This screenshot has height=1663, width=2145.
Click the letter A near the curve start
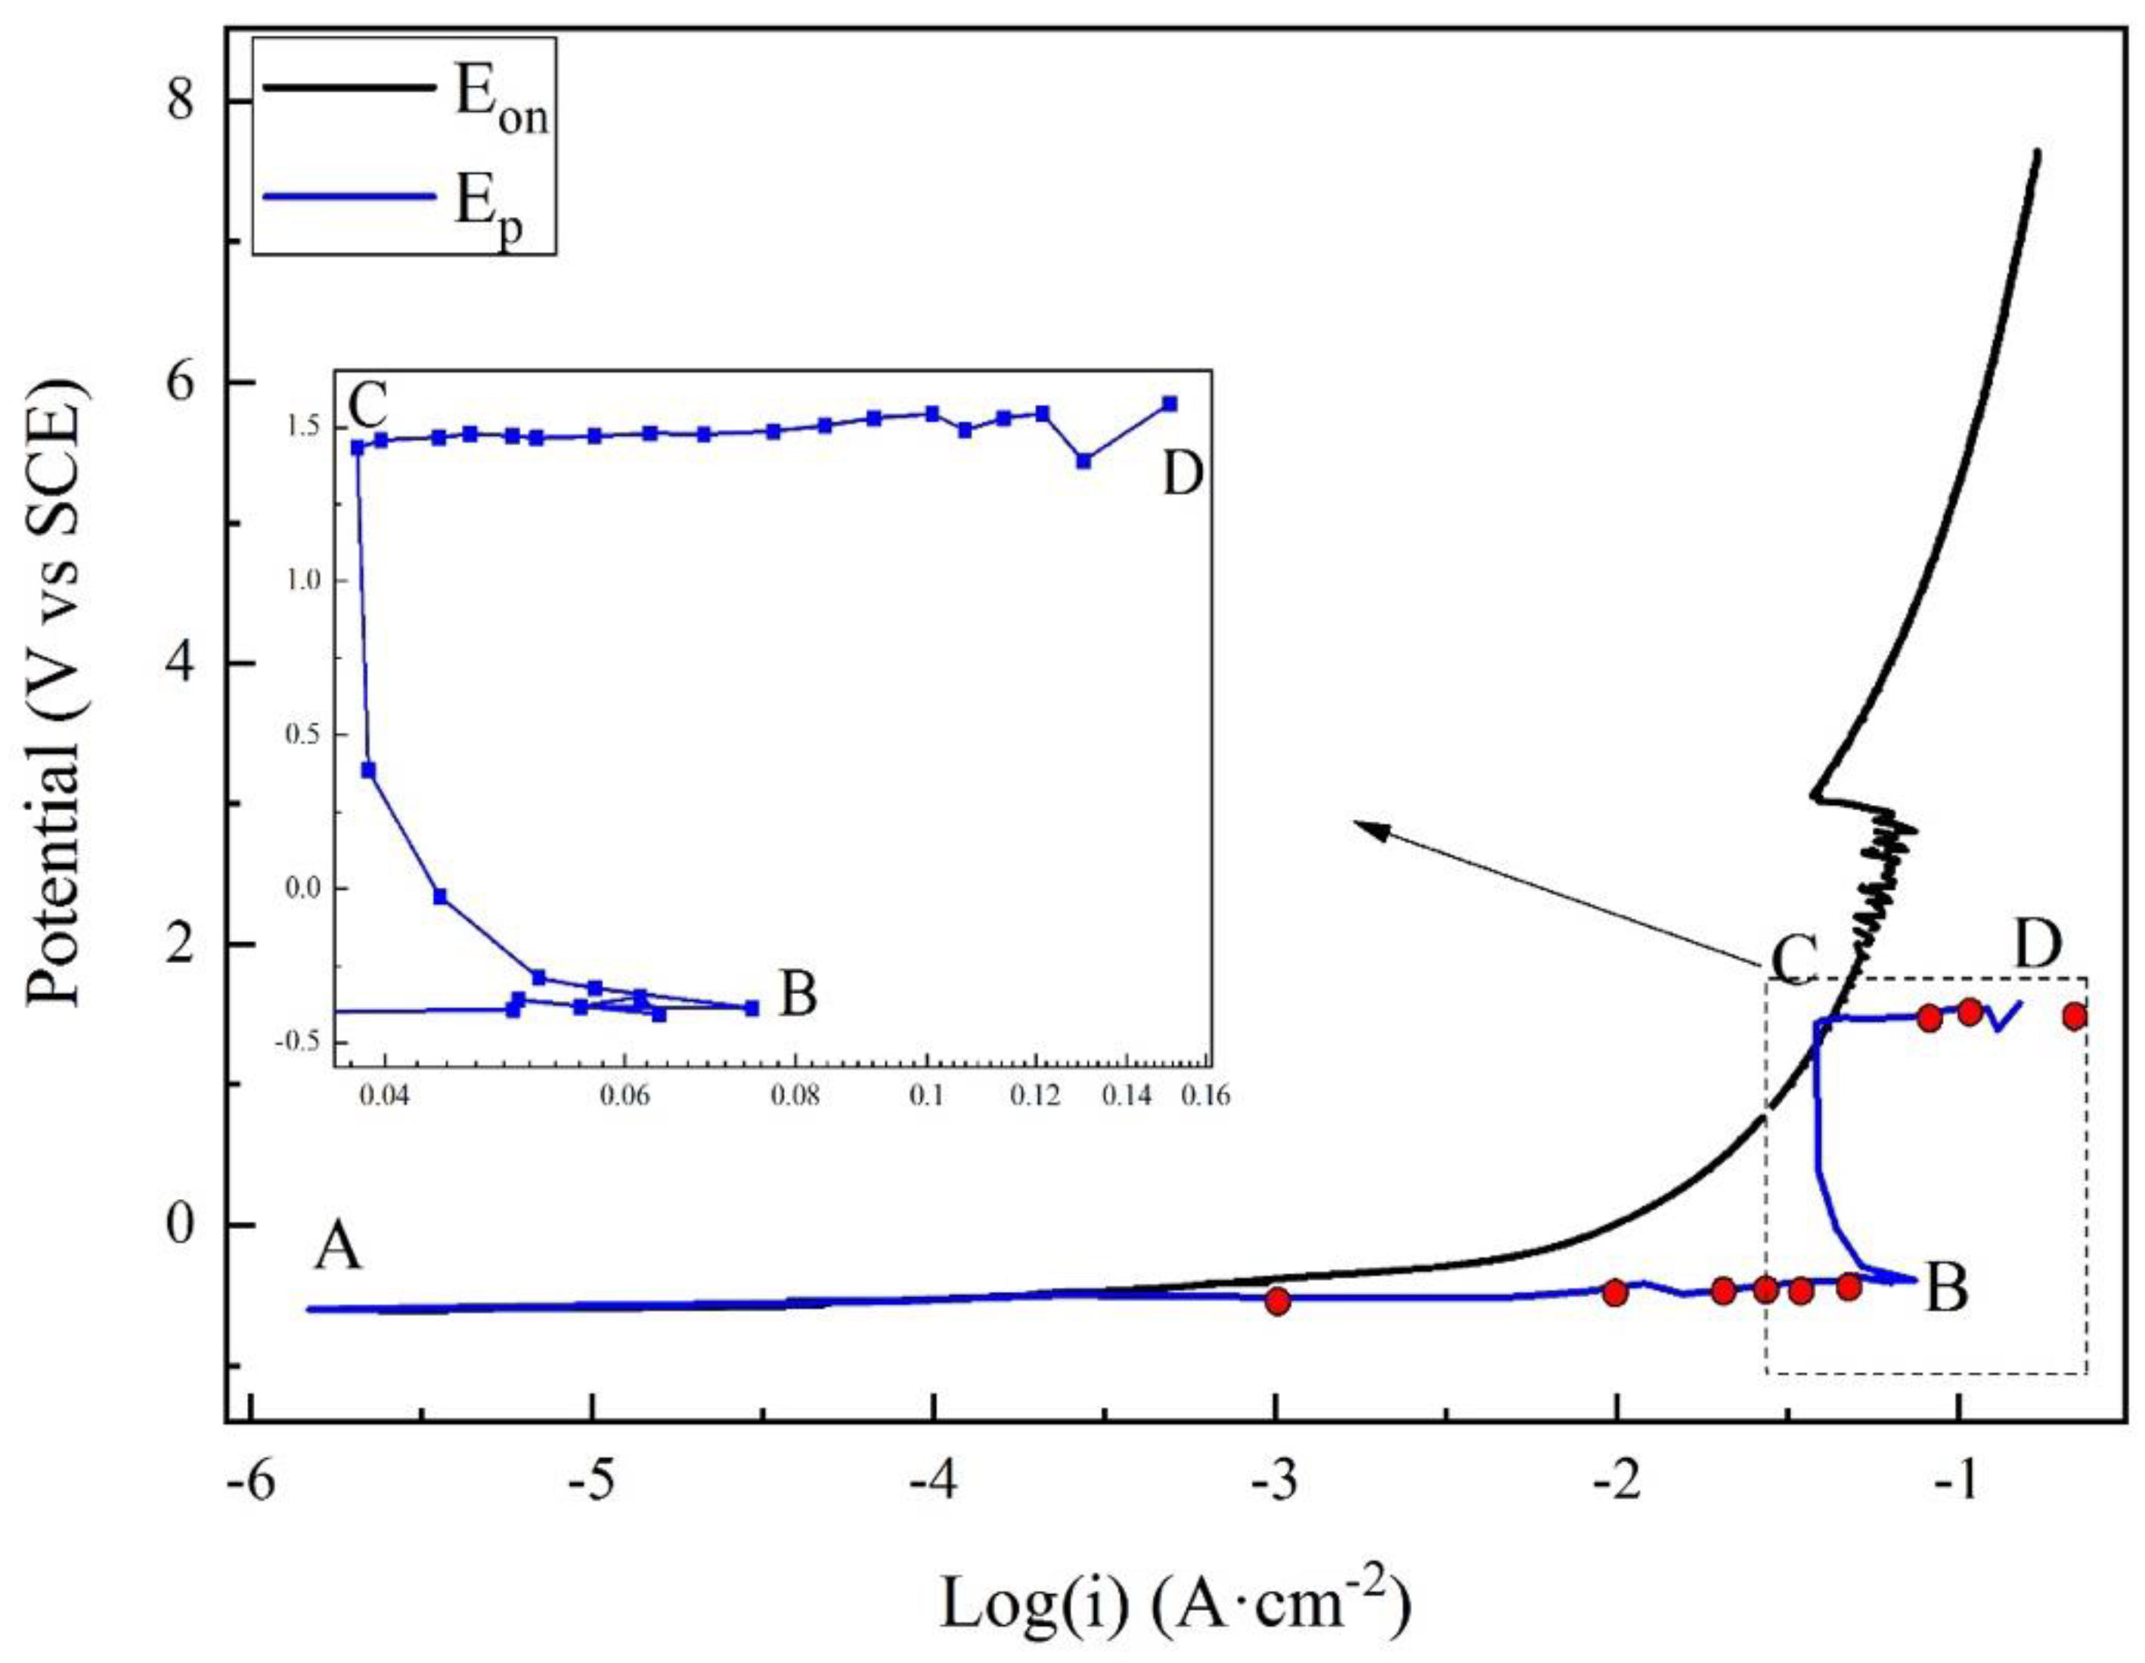[338, 1251]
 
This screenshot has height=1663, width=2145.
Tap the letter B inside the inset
[798, 996]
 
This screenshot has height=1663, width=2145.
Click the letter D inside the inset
[1182, 477]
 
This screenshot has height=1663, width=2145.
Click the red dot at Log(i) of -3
[1277, 1302]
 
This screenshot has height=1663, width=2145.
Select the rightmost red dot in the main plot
[2074, 1016]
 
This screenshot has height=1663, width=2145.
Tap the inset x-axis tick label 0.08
[795, 1097]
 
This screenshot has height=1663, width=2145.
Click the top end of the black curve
[2038, 152]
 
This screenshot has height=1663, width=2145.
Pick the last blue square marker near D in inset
[1169, 404]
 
